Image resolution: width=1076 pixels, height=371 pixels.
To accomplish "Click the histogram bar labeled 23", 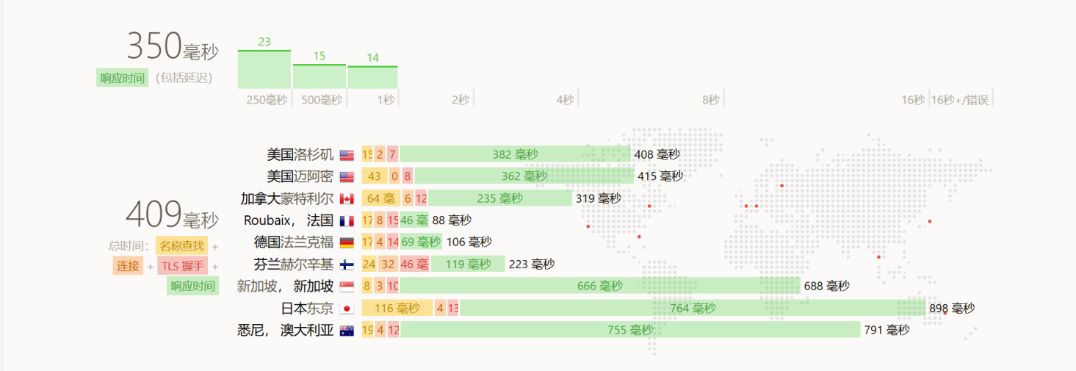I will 264,70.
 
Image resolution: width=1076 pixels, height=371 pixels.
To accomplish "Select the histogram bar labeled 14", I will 372,77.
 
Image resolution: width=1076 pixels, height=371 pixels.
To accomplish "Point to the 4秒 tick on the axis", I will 565,100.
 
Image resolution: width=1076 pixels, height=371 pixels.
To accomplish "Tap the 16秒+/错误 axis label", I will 960,100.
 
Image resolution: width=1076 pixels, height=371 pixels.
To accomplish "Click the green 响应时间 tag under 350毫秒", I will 123,78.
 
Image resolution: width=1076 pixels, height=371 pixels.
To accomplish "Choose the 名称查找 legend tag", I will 182,245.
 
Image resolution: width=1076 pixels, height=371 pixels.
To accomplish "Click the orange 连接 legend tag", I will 129,265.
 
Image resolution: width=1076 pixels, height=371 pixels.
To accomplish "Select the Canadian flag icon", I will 347,199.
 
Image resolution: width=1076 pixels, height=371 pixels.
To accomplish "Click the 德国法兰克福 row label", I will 294,242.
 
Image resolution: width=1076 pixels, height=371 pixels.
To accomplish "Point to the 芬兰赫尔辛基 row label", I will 294,264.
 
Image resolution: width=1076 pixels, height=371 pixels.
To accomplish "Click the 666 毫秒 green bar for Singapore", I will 599,286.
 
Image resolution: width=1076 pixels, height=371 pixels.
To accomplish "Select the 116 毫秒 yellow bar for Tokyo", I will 397,308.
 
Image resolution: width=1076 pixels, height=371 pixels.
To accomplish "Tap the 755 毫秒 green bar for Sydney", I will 629,330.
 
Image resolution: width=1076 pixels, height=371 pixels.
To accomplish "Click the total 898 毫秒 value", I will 952,309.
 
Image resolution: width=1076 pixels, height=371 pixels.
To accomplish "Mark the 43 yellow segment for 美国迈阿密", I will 375,176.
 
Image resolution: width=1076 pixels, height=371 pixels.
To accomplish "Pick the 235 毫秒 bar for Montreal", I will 499,198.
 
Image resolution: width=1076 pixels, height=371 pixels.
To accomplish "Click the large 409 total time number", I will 154,215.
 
